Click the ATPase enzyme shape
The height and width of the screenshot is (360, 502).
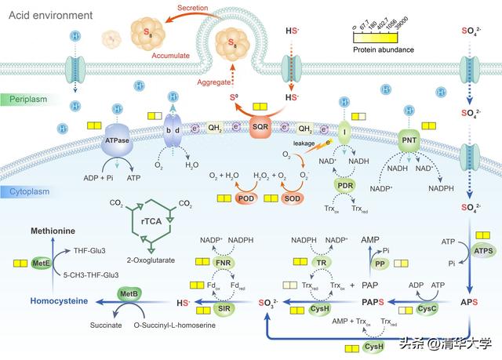[116, 140]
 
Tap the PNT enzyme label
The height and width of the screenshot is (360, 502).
[409, 140]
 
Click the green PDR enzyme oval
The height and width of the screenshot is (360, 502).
[344, 186]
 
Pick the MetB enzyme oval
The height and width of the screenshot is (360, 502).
[129, 293]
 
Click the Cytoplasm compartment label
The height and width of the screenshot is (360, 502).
[30, 192]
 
